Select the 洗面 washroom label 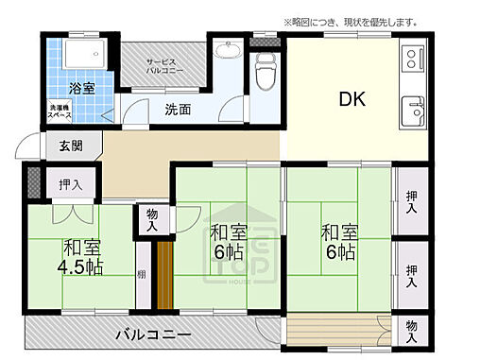click(x=178, y=109)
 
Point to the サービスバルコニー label click(x=164, y=65)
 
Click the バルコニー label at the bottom click(x=154, y=334)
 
